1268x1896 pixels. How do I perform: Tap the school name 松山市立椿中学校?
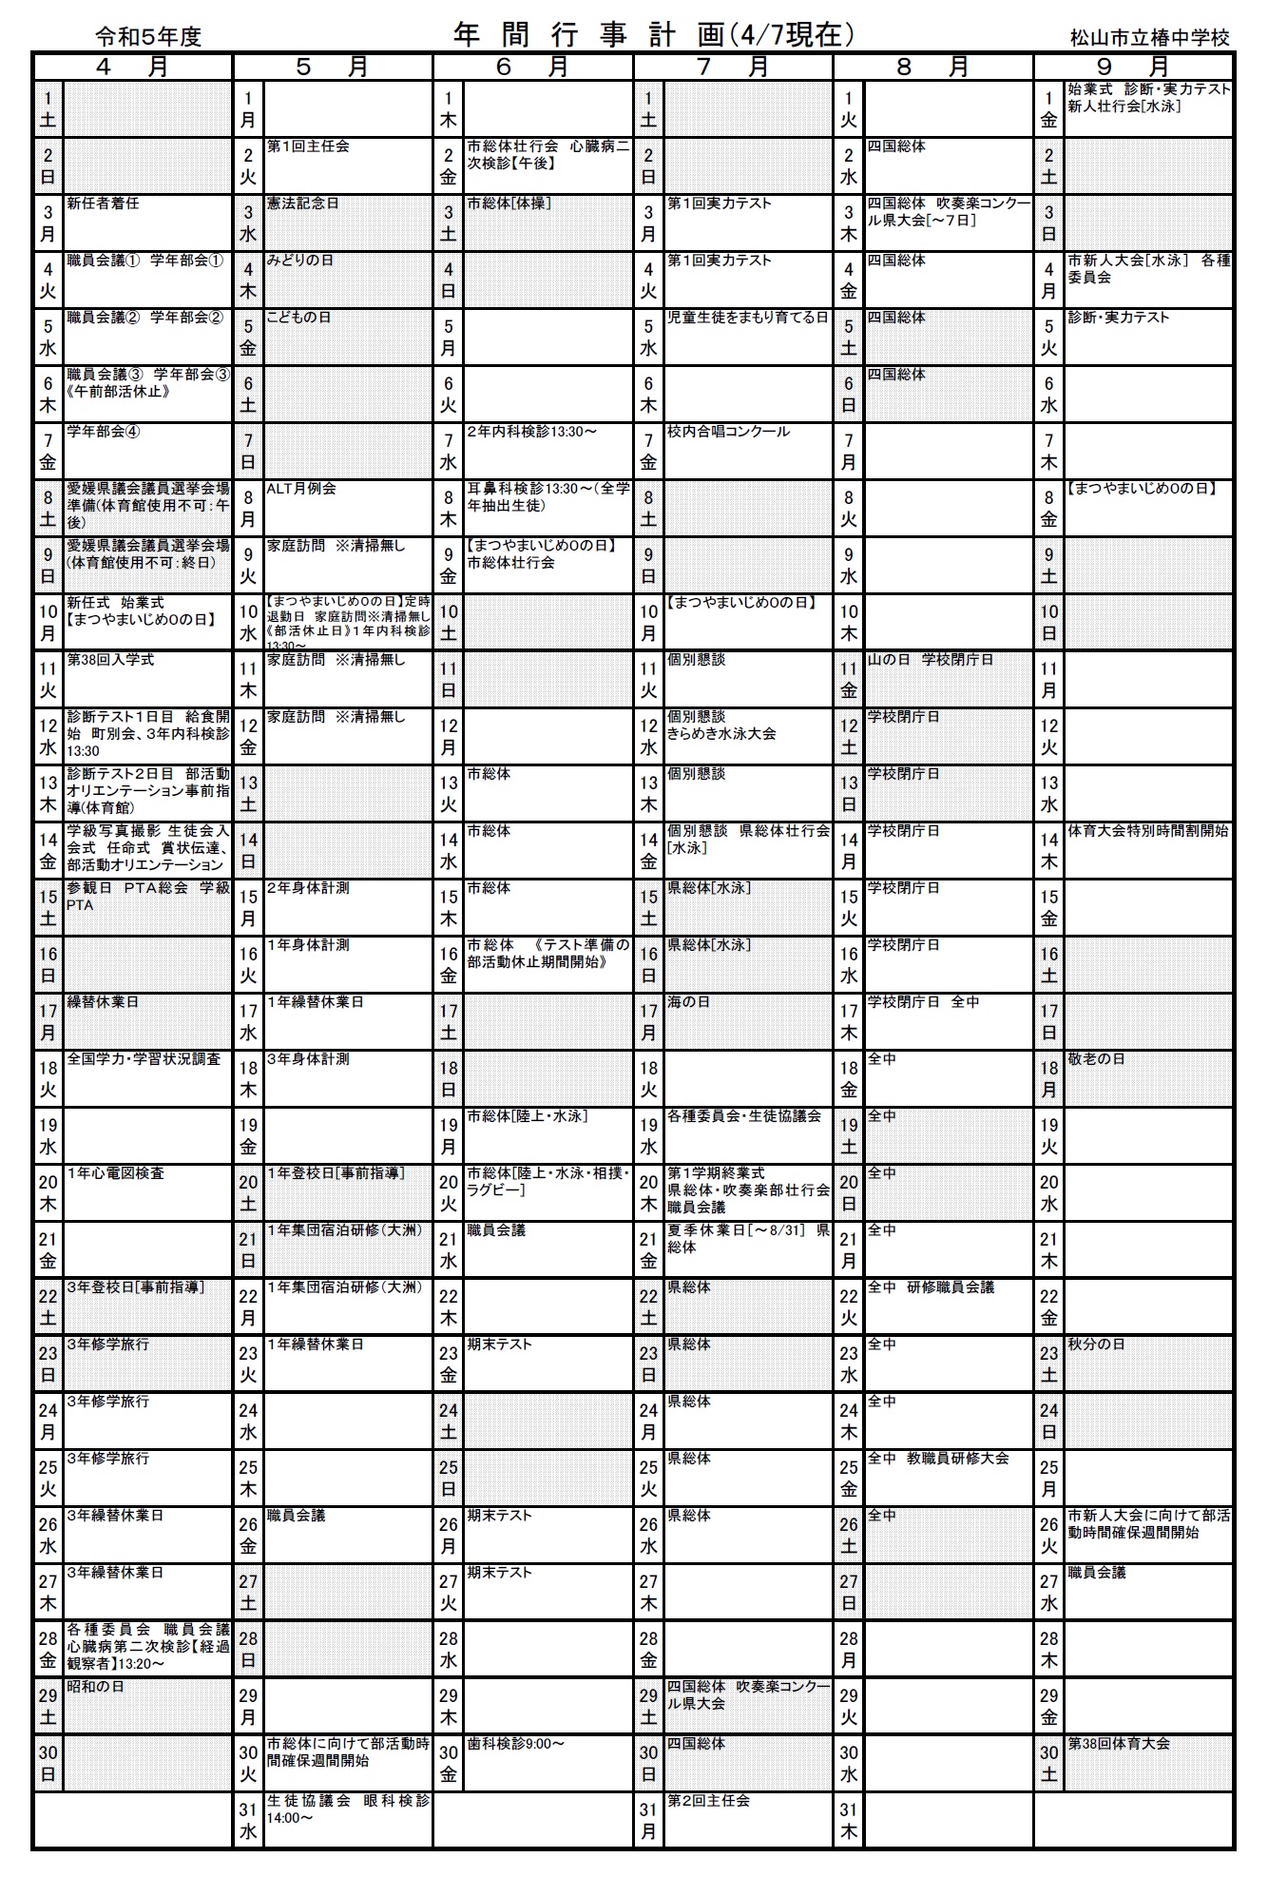coord(1149,38)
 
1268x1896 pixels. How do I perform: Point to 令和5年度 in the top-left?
coord(148,37)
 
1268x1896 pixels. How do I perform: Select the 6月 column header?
coord(532,67)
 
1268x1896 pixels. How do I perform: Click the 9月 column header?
coord(1133,67)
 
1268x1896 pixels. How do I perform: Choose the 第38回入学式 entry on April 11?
coord(110,660)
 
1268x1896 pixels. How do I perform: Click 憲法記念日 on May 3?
coord(302,203)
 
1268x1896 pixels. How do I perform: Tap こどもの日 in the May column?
coord(298,318)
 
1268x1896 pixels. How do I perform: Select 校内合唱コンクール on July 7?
coord(728,432)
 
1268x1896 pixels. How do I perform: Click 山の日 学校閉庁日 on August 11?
coord(930,660)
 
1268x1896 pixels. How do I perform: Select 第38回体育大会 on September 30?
coord(1119,1744)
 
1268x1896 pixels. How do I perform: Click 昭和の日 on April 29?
coord(95,1687)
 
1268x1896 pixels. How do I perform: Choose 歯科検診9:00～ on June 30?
coord(515,1744)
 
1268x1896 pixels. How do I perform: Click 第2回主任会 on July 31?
coord(708,1801)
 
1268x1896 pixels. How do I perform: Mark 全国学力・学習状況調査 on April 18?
coord(144,1059)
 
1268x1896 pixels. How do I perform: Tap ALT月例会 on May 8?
coord(300,489)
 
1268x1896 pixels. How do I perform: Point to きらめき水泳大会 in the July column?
coord(721,734)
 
